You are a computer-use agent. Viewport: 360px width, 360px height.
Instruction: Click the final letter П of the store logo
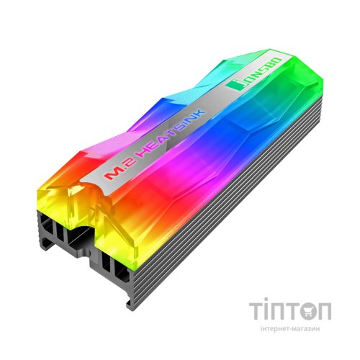325,310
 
